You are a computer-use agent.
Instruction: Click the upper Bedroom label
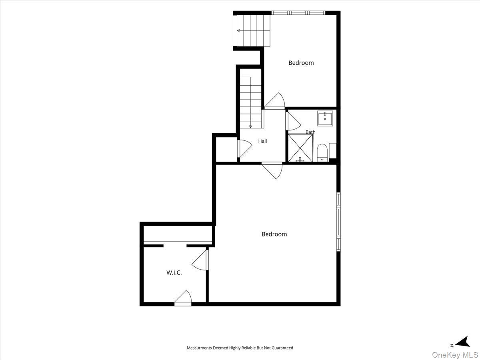pyautogui.click(x=301, y=63)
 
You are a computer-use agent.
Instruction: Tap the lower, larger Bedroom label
pyautogui.click(x=274, y=234)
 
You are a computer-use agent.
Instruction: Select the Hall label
pyautogui.click(x=262, y=141)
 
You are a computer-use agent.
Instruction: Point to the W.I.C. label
pyautogui.click(x=174, y=273)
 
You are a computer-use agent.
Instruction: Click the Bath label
pyautogui.click(x=310, y=132)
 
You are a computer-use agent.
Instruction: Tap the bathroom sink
pyautogui.click(x=325, y=118)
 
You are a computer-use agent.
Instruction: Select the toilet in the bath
pyautogui.click(x=322, y=153)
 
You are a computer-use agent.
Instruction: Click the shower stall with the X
pyautogui.click(x=300, y=148)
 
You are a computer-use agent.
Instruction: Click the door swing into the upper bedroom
pyautogui.click(x=275, y=101)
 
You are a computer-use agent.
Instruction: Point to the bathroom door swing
pyautogui.click(x=293, y=121)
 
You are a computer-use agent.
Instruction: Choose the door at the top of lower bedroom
pyautogui.click(x=272, y=170)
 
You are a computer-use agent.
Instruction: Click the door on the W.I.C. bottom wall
pyautogui.click(x=183, y=298)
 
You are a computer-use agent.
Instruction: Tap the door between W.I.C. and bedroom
pyautogui.click(x=200, y=260)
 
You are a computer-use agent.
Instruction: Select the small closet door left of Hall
pyautogui.click(x=245, y=149)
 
